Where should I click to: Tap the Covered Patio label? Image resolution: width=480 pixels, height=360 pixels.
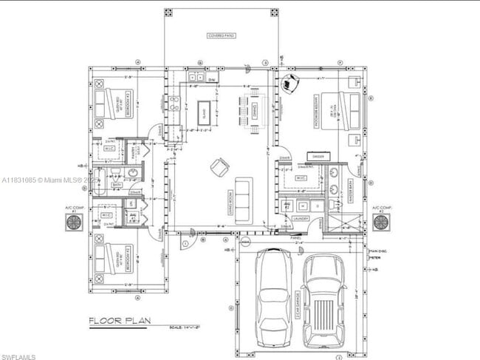point(220,35)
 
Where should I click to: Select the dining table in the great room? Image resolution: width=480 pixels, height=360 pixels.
point(250,113)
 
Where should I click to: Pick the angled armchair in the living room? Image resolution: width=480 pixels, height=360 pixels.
point(219,167)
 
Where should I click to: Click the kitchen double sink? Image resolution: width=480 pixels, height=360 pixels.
point(195,77)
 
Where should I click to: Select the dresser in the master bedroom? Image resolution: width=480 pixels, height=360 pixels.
point(319,157)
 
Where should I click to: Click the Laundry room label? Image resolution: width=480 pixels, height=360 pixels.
point(299,218)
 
